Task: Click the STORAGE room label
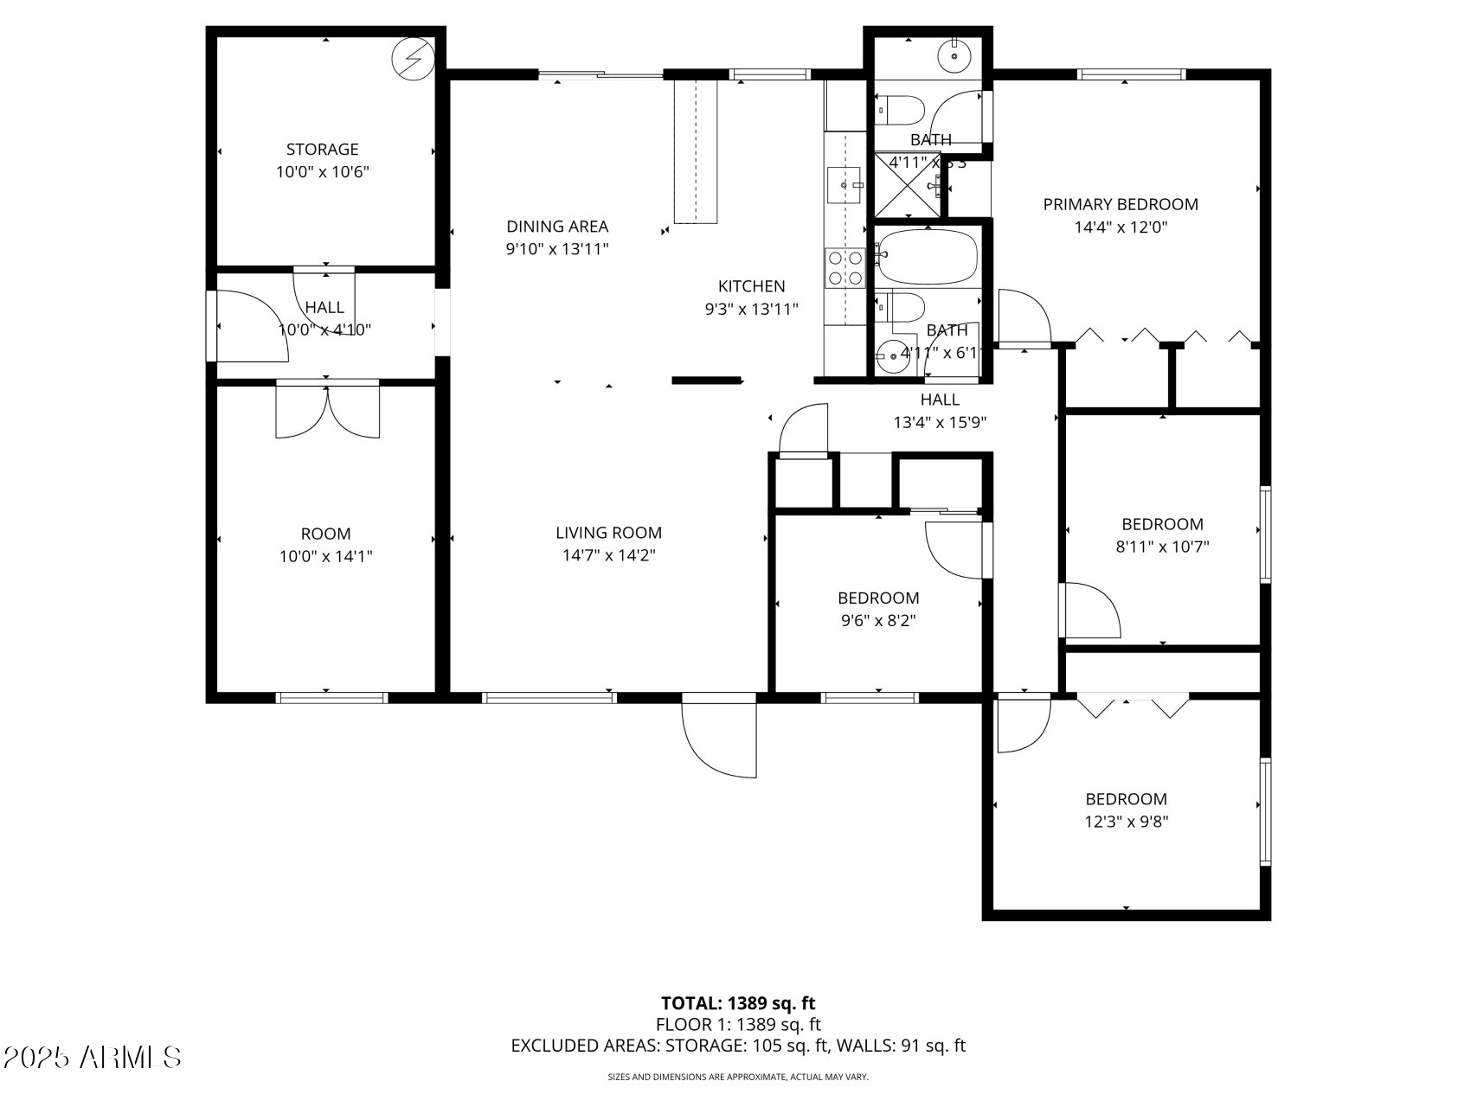pyautogui.click(x=322, y=150)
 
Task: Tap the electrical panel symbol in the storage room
pyautogui.click(x=413, y=59)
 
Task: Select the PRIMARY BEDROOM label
pyautogui.click(x=1121, y=205)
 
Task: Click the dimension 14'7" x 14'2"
pyautogui.click(x=609, y=556)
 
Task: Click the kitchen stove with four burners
pyautogui.click(x=844, y=267)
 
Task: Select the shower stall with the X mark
pyautogui.click(x=906, y=184)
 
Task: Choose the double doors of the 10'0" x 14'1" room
pyautogui.click(x=327, y=411)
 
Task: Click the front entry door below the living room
pyautogui.click(x=719, y=735)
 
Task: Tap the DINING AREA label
pyautogui.click(x=557, y=227)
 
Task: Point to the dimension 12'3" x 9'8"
pyautogui.click(x=1127, y=822)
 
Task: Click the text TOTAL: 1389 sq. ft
pyautogui.click(x=738, y=1003)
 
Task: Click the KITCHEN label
pyautogui.click(x=751, y=286)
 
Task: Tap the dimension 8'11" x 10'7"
pyautogui.click(x=1162, y=547)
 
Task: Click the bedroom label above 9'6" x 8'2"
pyautogui.click(x=878, y=598)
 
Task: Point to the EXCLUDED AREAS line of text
pyautogui.click(x=738, y=1046)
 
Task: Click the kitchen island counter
pyautogui.click(x=696, y=151)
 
